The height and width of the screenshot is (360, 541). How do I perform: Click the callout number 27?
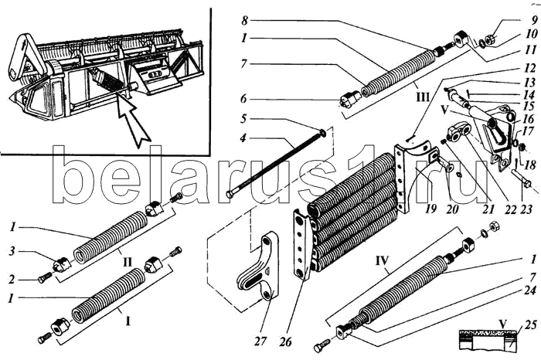tap(260, 341)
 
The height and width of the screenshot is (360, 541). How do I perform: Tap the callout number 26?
tap(286, 341)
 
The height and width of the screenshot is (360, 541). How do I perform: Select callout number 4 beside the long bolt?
tap(243, 138)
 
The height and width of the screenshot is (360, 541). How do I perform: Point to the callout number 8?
tap(245, 21)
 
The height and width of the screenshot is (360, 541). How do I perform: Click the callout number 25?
tap(532, 324)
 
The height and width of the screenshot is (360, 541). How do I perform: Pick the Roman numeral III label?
tap(423, 97)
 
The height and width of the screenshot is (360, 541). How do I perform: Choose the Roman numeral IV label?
tap(382, 260)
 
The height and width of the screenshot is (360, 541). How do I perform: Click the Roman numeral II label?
tap(128, 262)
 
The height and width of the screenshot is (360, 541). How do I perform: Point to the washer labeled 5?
tap(323, 132)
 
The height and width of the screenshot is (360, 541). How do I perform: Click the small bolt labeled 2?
tap(45, 277)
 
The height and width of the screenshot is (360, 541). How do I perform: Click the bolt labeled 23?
tap(520, 179)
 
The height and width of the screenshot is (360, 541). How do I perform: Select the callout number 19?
tap(430, 209)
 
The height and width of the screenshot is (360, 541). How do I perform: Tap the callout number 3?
tap(13, 251)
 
